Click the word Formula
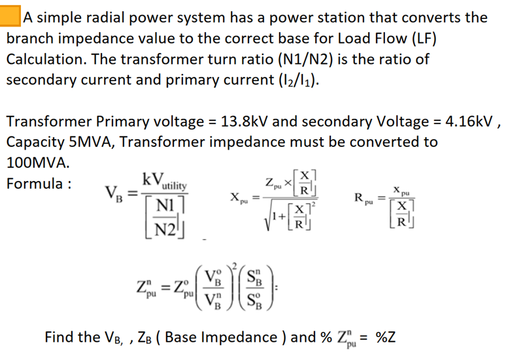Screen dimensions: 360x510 tap(34, 183)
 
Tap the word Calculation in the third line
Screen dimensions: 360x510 tap(45, 59)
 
